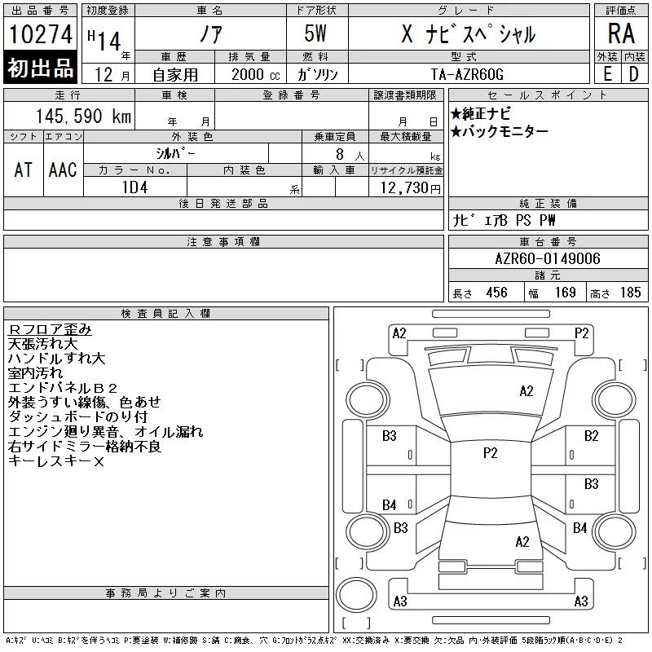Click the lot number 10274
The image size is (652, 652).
tap(40, 34)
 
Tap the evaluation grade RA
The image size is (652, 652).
tap(621, 33)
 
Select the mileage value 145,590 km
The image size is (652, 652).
tap(83, 116)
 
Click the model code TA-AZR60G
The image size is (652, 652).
tap(467, 74)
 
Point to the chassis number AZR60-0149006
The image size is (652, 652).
tap(548, 258)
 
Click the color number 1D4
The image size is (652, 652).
tap(134, 187)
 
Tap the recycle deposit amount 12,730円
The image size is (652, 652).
tap(410, 188)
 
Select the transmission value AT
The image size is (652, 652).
tap(24, 170)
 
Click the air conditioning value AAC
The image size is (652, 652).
tap(63, 170)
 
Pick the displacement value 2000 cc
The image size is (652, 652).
tap(256, 74)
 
